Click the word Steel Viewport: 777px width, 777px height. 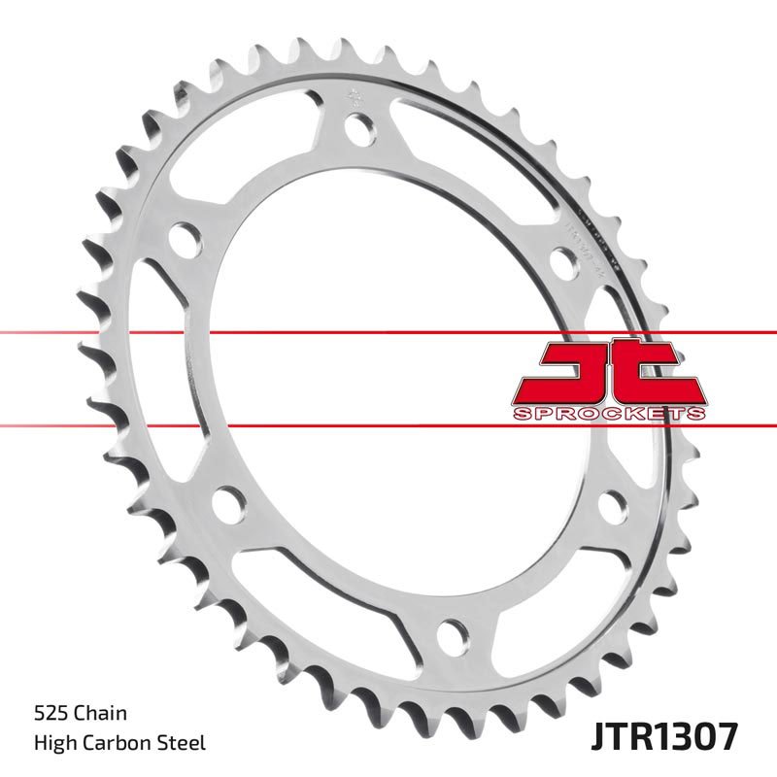pyautogui.click(x=184, y=744)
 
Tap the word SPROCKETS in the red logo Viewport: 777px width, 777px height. pyautogui.click(x=607, y=414)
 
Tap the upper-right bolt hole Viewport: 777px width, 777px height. pyautogui.click(x=564, y=260)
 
